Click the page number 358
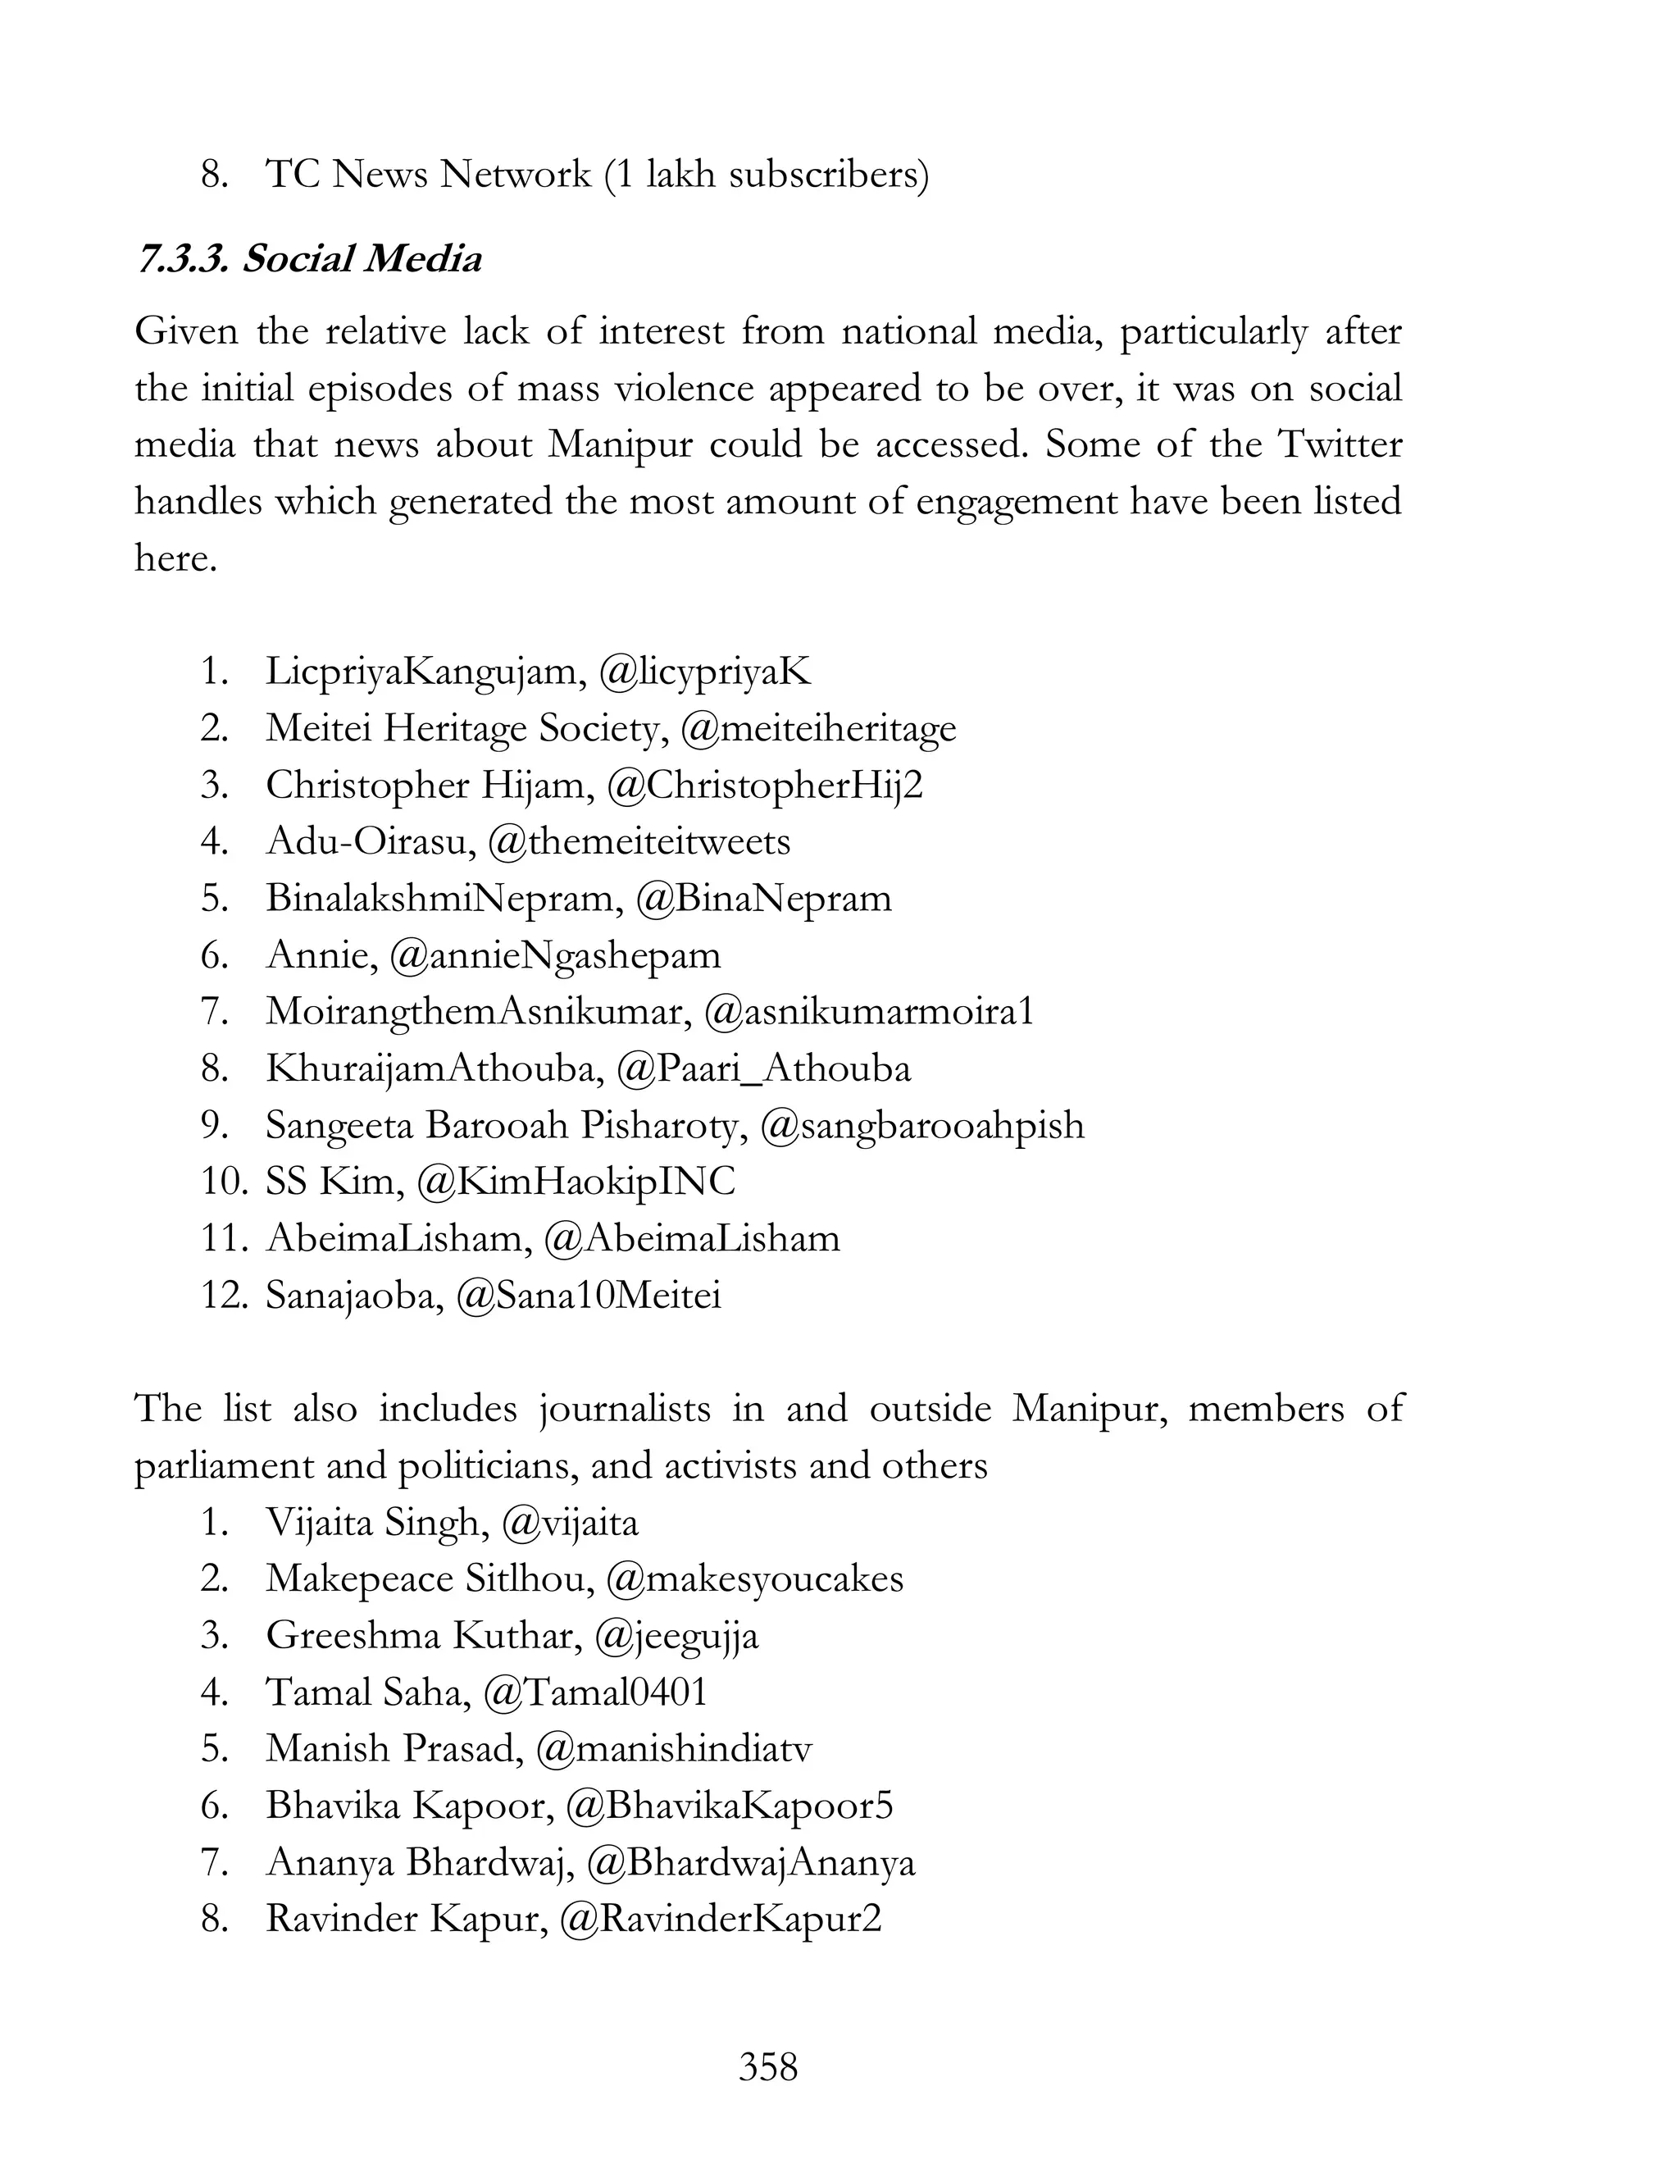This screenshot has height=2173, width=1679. (768, 2067)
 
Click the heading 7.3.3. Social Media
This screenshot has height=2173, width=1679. (309, 260)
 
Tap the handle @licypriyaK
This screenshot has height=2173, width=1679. (705, 672)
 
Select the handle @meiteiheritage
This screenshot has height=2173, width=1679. (819, 729)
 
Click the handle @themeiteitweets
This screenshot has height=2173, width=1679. (639, 843)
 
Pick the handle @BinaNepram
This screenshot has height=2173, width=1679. (763, 900)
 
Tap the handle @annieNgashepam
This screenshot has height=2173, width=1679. (555, 956)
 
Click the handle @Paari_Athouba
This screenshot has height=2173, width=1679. (763, 1069)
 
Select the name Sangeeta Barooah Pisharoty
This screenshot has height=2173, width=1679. (505, 1127)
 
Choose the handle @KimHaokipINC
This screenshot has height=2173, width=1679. (576, 1183)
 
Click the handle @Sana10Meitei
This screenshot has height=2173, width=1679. (588, 1296)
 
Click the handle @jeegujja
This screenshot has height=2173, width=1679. (676, 1637)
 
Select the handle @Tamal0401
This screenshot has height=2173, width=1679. (595, 1693)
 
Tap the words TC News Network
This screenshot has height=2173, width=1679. (428, 175)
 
